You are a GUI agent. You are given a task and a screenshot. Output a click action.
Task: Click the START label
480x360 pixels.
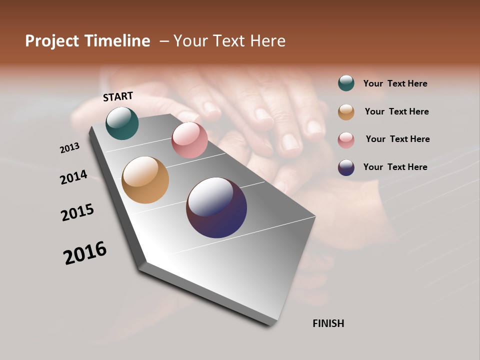pos(118,96)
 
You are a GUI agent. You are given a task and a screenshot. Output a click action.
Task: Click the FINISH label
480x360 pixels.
pos(328,323)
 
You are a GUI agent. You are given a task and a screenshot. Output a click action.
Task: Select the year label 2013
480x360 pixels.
pos(69,148)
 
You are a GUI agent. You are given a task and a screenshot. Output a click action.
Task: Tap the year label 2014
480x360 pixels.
pos(73,177)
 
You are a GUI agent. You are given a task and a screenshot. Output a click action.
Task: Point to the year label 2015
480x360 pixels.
pos(77,212)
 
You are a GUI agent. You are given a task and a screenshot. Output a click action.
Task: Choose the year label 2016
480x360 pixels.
pos(85,252)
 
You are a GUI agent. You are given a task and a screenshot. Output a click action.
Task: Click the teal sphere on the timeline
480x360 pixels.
pos(122,123)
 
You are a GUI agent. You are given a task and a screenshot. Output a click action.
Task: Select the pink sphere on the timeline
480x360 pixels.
pos(189,140)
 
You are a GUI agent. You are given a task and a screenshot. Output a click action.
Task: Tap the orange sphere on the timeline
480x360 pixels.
pos(145,180)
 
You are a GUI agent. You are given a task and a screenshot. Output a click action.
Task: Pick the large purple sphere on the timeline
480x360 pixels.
pos(216,207)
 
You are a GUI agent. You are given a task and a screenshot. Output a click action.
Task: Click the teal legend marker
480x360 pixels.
pos(346,83)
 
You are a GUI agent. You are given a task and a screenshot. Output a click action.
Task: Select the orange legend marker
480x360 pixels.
pos(346,112)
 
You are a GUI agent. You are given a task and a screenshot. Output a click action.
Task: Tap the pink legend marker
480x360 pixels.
pos(346,140)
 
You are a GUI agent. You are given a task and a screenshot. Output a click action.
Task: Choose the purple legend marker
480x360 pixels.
pos(346,167)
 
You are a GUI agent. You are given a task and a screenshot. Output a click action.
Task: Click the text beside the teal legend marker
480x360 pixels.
pos(395,83)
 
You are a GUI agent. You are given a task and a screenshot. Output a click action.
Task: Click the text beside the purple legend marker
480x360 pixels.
pos(395,167)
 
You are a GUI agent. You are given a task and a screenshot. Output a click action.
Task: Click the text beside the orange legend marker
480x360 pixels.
pos(396,111)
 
